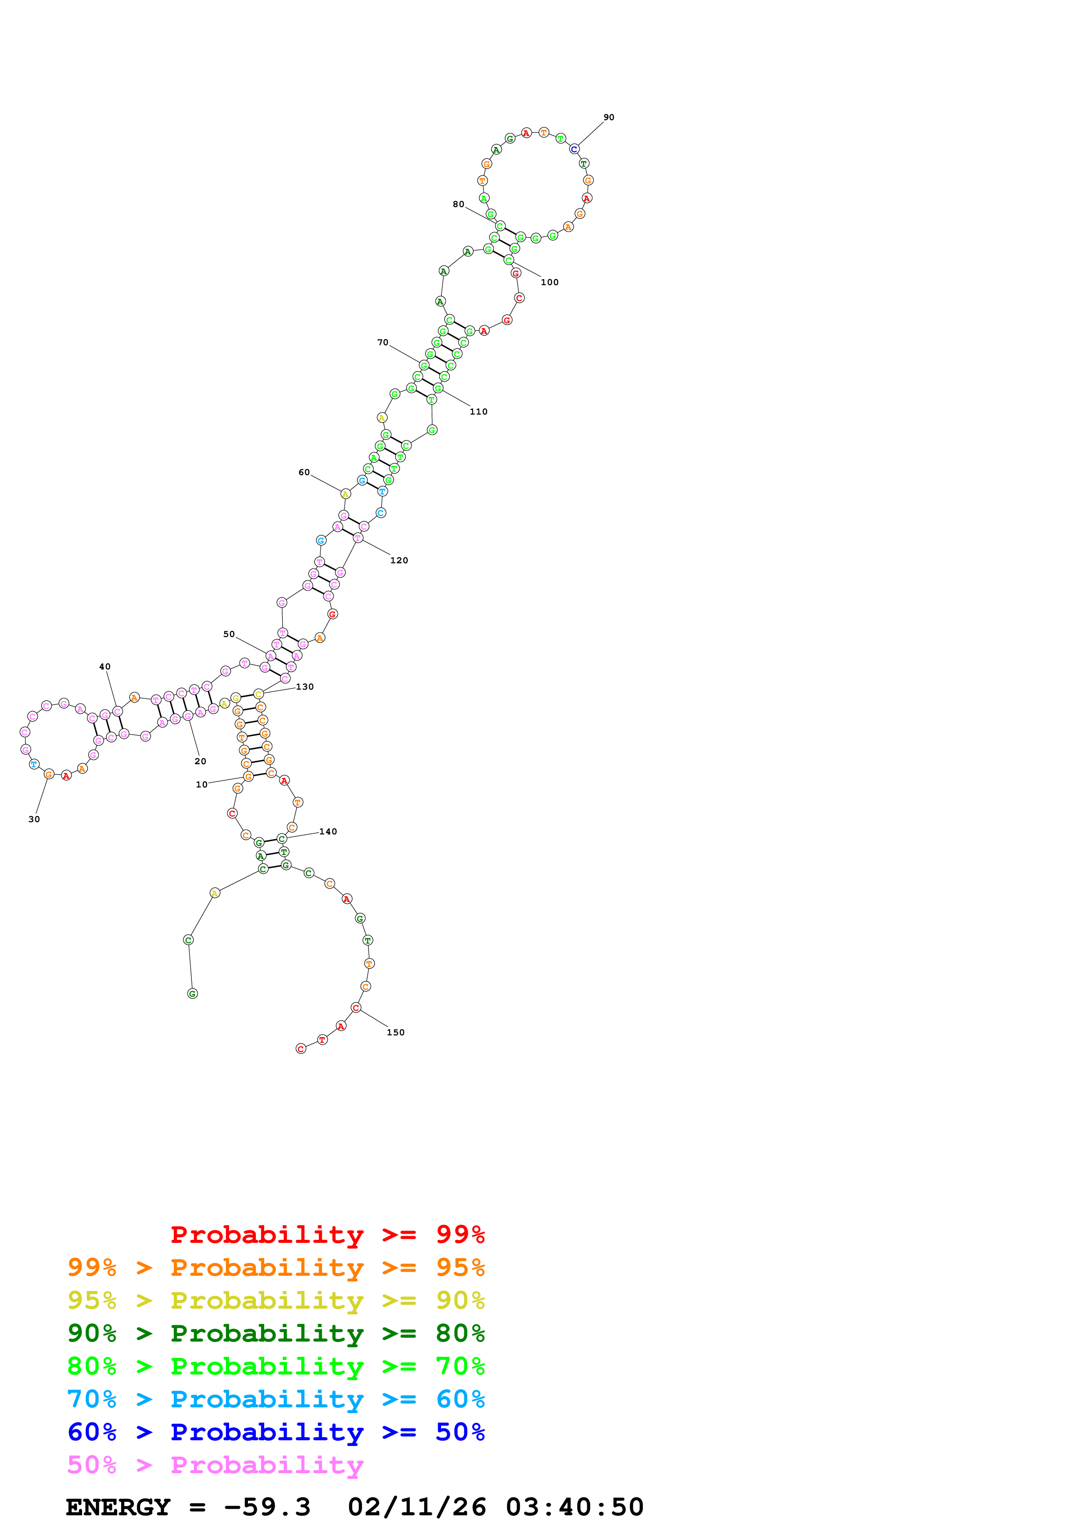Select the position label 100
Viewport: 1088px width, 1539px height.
(549, 282)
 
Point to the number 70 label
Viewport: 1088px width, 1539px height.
(382, 343)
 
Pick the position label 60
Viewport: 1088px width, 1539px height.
(304, 472)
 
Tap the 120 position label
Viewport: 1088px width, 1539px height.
(399, 560)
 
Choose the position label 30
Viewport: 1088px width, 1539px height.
(33, 819)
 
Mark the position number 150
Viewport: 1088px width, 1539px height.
(395, 1032)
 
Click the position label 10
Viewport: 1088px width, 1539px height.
(201, 784)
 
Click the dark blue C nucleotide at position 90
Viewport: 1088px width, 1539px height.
(574, 149)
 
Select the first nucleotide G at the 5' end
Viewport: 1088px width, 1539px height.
(192, 993)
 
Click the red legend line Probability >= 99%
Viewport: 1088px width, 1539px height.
(327, 1234)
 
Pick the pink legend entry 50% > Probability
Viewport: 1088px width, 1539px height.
(215, 1464)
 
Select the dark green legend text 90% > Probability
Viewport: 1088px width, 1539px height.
(276, 1333)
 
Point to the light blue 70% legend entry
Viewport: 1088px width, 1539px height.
(276, 1399)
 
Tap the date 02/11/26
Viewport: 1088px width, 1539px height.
(417, 1507)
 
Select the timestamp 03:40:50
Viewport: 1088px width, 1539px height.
(575, 1507)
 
